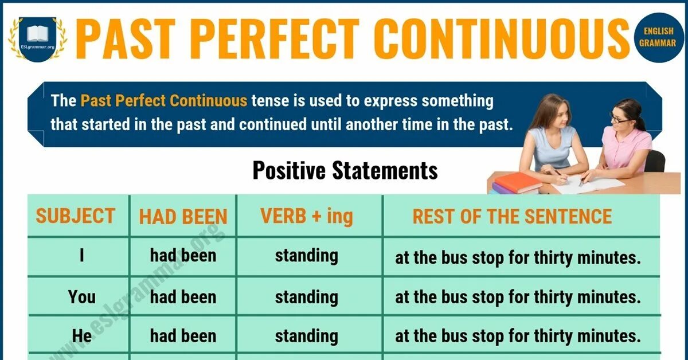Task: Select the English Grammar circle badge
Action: (x=660, y=37)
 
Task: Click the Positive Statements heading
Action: (x=345, y=170)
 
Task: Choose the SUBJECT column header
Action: (x=75, y=216)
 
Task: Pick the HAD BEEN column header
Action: (x=183, y=217)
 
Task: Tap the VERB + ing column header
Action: (x=306, y=216)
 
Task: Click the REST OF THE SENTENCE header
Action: (x=512, y=216)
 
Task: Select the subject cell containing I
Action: (x=82, y=256)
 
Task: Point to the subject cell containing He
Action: (x=82, y=336)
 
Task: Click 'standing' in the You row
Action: (x=306, y=297)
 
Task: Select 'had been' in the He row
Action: (x=183, y=336)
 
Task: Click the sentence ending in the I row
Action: (x=517, y=257)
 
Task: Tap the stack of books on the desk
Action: (x=516, y=183)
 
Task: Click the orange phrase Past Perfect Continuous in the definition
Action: (x=164, y=101)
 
